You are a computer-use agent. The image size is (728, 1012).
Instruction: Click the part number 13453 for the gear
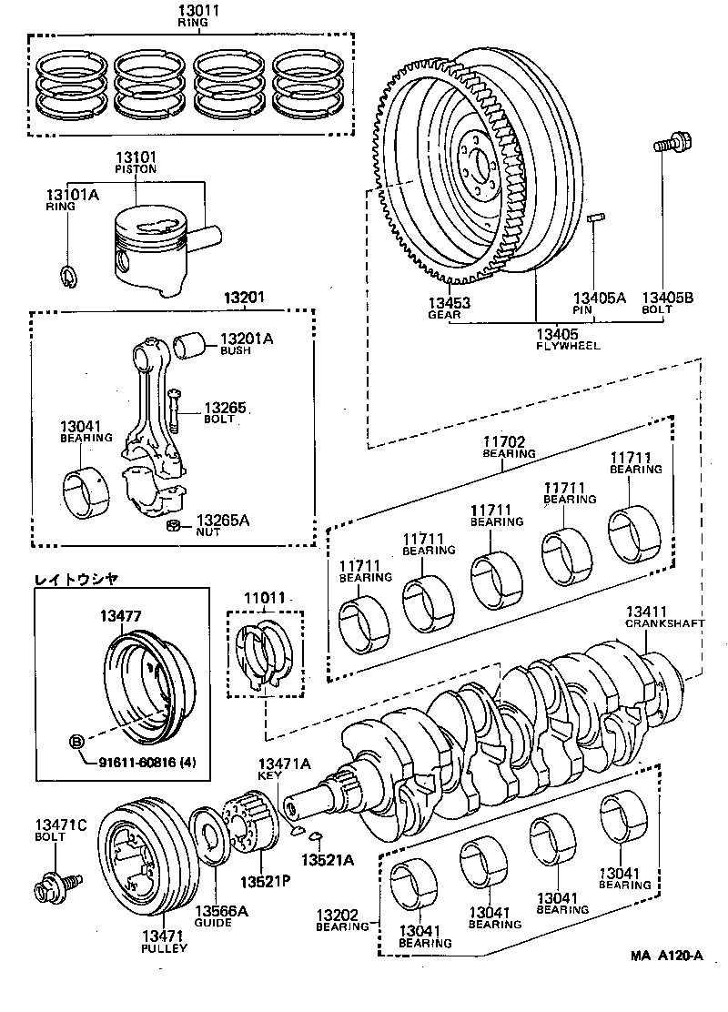pyautogui.click(x=445, y=302)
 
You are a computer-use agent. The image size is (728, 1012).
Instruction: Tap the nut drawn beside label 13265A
pyautogui.click(x=172, y=525)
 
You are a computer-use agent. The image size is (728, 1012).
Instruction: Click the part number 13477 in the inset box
pyautogui.click(x=120, y=616)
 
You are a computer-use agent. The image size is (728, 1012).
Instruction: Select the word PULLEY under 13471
pyautogui.click(x=165, y=947)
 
